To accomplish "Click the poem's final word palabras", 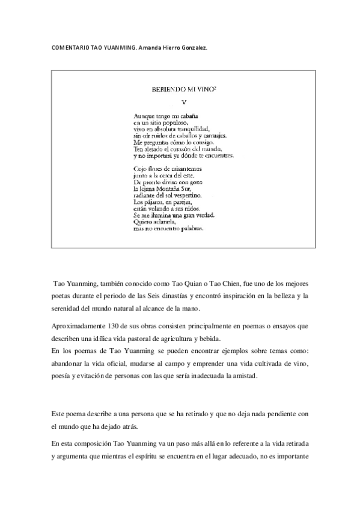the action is coord(189,229).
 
